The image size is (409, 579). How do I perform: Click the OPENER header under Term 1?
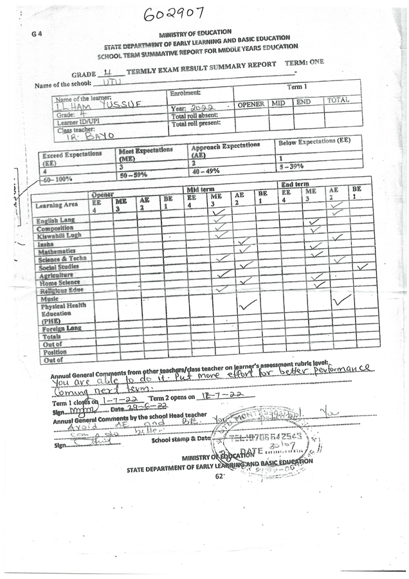click(x=251, y=104)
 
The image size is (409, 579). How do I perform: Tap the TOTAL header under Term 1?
click(x=337, y=100)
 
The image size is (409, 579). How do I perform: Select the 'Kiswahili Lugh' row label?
click(x=60, y=235)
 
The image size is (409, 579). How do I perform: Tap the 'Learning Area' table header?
click(x=57, y=205)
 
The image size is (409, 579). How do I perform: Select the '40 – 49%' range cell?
click(x=206, y=172)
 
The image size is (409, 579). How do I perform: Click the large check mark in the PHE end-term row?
click(x=341, y=299)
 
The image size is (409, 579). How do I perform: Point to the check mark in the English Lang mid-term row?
click(x=219, y=212)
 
